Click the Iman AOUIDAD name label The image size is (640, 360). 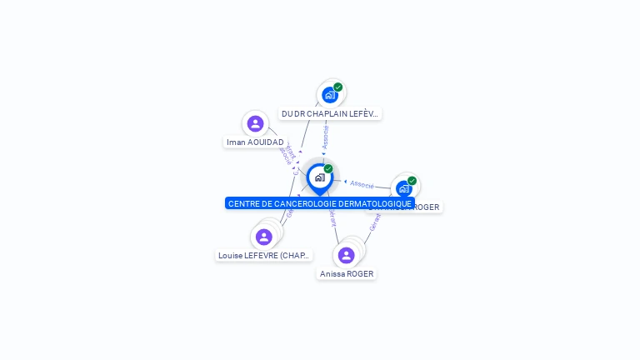point(255,142)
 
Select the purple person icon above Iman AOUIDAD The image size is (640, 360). point(256,124)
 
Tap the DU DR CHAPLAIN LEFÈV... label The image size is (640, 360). point(330,113)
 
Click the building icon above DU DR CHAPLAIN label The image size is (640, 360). point(329,95)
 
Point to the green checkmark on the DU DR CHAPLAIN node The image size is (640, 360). point(338,87)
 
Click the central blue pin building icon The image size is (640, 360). point(319,177)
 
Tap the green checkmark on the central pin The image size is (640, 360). point(328,169)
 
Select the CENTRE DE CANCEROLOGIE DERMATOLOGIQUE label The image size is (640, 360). point(320,203)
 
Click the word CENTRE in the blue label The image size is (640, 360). point(242,203)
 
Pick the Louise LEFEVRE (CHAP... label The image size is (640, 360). point(264,256)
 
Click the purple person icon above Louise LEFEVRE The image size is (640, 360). point(264,237)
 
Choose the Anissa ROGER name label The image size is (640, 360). point(347,273)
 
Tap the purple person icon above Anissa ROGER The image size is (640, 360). point(346,255)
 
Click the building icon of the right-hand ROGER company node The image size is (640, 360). point(403,188)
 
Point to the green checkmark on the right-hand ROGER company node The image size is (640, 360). point(412,180)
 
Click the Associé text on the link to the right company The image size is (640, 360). point(362,183)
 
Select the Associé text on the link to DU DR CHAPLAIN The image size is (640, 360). point(325,137)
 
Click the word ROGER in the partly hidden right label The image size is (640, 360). point(427,207)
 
